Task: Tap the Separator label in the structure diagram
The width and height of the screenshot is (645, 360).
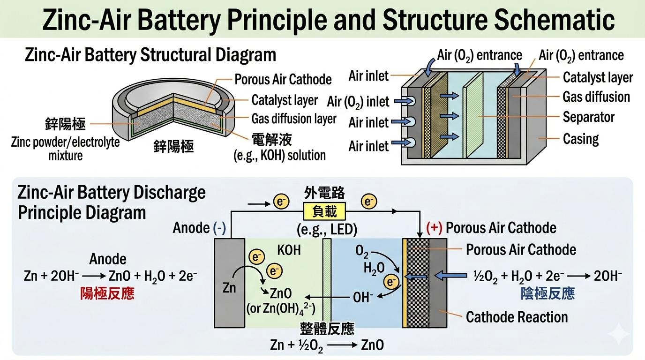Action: pos(588,117)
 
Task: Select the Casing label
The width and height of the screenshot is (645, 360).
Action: pos(581,139)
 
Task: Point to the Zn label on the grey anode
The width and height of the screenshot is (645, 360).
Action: pos(229,287)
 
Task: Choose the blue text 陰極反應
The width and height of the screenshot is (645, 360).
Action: pos(547,294)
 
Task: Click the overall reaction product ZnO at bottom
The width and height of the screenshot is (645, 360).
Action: pos(372,346)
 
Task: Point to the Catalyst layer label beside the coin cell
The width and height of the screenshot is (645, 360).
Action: pos(285,100)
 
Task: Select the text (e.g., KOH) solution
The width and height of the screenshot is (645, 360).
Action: pos(280,155)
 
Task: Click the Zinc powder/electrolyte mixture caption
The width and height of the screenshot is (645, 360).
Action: pos(65,149)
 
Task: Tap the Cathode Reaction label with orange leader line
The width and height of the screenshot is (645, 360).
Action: pos(517,317)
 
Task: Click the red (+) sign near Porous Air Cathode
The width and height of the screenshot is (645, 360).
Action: pos(435,228)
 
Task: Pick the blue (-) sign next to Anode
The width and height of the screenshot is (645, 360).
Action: pos(219,228)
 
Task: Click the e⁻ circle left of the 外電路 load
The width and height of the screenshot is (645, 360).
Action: pos(278,202)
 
